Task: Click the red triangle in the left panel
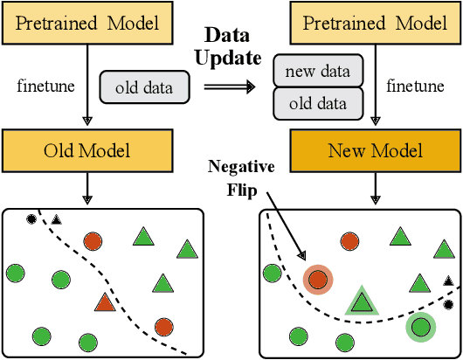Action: point(105,303)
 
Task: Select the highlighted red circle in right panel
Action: point(319,280)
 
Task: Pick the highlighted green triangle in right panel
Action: point(360,301)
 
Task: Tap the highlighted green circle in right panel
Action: point(422,328)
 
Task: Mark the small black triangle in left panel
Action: point(56,218)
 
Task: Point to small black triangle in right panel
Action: point(447,280)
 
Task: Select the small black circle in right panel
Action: point(448,304)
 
